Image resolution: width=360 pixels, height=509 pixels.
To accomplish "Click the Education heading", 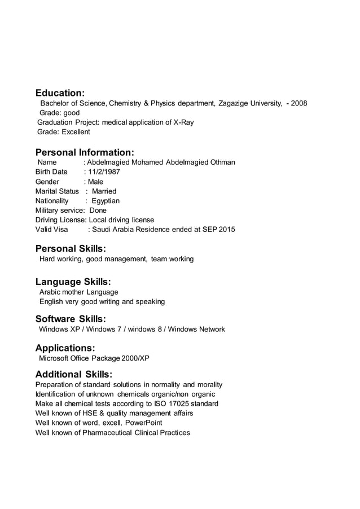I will tap(60, 93).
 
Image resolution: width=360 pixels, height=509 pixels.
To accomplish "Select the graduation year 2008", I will tap(299, 103).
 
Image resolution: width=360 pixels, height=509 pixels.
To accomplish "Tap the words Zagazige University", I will tap(249, 103).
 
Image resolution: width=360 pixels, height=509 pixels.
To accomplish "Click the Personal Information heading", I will tap(85, 152).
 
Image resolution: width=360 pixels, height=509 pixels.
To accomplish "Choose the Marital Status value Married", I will tap(104, 191).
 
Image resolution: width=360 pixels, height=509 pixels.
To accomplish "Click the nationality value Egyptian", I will tap(106, 201).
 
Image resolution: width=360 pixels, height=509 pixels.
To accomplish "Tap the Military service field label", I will tap(58, 210).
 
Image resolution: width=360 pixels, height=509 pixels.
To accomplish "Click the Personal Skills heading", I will tap(71, 248).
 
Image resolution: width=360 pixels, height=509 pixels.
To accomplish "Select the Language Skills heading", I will tap(73, 282).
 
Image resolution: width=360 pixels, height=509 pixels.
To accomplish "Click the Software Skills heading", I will tap(71, 319).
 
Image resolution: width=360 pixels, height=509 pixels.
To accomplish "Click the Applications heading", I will tap(65, 348).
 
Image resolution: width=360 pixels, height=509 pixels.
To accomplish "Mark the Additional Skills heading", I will tap(73, 374).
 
